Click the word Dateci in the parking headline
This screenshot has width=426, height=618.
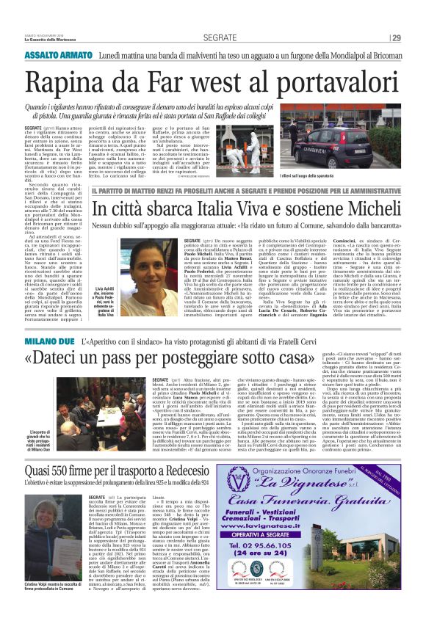(x=68, y=360)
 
